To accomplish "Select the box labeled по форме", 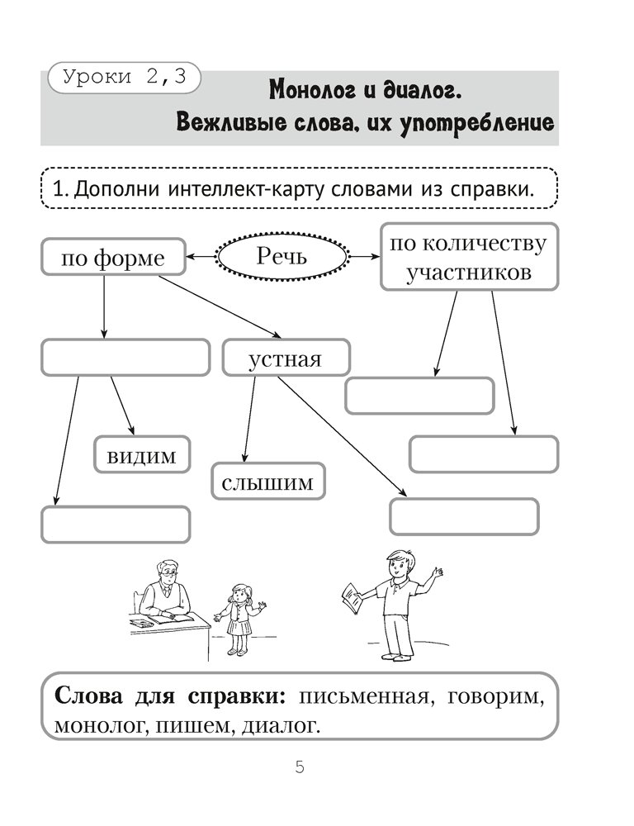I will (x=113, y=259).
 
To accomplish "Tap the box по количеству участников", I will (x=469, y=257).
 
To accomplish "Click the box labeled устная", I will (x=286, y=359).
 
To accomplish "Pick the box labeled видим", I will (x=141, y=455).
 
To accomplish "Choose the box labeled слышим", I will (x=268, y=482).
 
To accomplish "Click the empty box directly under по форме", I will (x=125, y=358).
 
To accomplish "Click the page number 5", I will (x=300, y=767).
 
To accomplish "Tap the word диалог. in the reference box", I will (x=282, y=725).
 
